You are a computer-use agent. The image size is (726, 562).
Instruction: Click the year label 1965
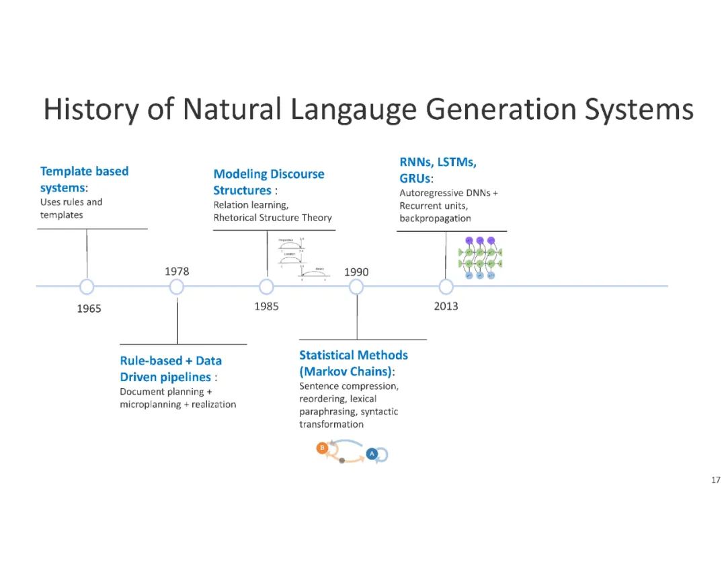(x=89, y=309)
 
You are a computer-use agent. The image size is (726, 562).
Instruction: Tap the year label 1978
(x=177, y=272)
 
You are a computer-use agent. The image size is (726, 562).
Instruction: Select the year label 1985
(x=266, y=307)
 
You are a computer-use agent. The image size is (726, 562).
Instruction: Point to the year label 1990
(x=356, y=272)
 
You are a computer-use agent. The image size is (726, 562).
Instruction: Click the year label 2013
(x=446, y=307)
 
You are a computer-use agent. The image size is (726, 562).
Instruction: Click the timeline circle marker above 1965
(x=87, y=287)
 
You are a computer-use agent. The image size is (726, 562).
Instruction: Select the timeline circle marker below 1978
(x=177, y=287)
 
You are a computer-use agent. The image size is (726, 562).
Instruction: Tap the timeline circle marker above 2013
(x=446, y=287)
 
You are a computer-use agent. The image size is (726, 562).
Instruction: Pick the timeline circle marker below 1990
(x=356, y=287)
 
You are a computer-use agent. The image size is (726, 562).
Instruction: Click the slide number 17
(x=715, y=480)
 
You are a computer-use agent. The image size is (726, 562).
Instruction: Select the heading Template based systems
(x=84, y=179)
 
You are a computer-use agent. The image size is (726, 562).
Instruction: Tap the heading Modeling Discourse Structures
(x=268, y=182)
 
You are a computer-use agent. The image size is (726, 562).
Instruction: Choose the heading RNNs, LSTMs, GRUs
(x=438, y=171)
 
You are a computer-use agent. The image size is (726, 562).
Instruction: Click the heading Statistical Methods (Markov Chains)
(x=354, y=363)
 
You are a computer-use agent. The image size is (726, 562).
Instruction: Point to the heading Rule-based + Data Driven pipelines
(x=171, y=369)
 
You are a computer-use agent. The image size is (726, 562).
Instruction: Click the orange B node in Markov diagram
(x=322, y=448)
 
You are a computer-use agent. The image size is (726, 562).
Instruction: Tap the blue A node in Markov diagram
(x=372, y=454)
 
